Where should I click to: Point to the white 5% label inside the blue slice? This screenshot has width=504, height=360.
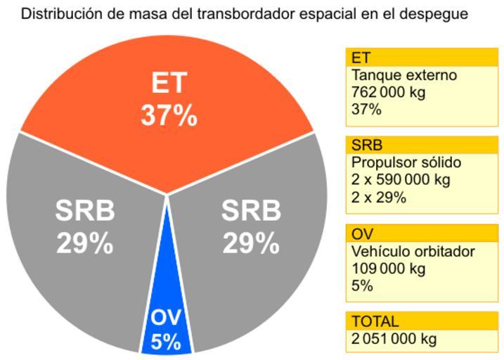pyautogui.click(x=166, y=342)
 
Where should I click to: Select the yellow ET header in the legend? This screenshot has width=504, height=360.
pyautogui.click(x=422, y=58)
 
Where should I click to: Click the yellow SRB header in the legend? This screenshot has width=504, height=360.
pyautogui.click(x=422, y=146)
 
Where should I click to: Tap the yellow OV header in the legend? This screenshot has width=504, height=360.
pyautogui.click(x=422, y=233)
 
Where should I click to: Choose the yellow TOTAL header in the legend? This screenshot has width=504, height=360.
pyautogui.click(x=422, y=321)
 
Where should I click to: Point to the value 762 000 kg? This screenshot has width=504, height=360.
pyautogui.click(x=388, y=92)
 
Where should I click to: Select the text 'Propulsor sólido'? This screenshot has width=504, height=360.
pyautogui.click(x=406, y=162)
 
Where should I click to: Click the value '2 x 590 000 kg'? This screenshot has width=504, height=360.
pyautogui.click(x=400, y=180)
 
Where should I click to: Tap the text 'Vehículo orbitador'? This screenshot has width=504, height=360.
pyautogui.click(x=413, y=251)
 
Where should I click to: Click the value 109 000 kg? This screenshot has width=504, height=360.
pyautogui.click(x=388, y=269)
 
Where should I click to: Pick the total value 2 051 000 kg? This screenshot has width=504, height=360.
pyautogui.click(x=394, y=339)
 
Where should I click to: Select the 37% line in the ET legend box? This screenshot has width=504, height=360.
pyautogui.click(x=366, y=110)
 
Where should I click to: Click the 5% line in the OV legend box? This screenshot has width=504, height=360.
pyautogui.click(x=362, y=286)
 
